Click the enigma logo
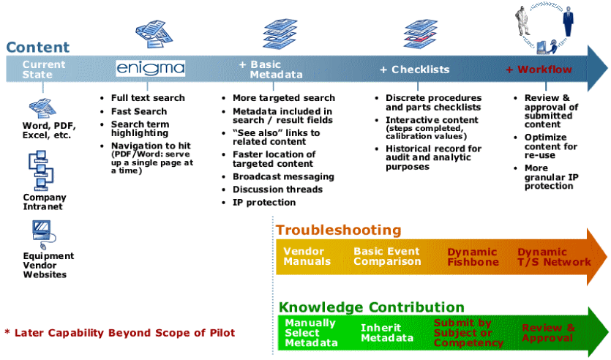click(150, 69)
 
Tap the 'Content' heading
click(38, 48)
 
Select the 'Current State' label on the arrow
click(43, 70)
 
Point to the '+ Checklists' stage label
click(414, 70)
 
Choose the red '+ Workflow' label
click(539, 70)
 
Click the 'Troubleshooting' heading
click(338, 230)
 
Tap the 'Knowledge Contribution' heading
click(372, 307)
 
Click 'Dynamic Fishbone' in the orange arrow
click(473, 257)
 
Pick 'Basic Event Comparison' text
click(387, 256)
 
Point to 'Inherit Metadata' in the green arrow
click(386, 333)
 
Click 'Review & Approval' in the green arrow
click(548, 333)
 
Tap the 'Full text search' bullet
click(148, 98)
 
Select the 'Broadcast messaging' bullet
click(283, 176)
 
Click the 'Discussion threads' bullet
click(277, 190)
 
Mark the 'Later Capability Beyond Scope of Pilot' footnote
click(120, 333)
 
